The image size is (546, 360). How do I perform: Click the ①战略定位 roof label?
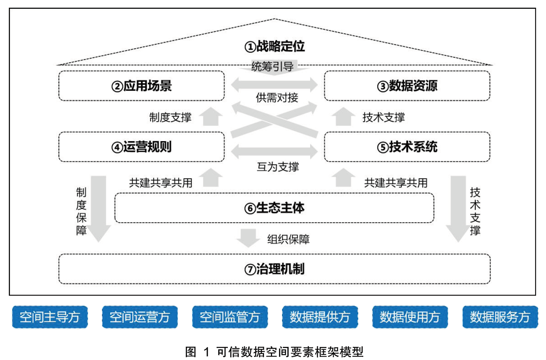click(x=274, y=47)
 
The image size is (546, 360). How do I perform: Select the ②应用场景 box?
click(x=141, y=86)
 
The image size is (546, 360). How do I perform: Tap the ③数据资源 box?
click(x=407, y=86)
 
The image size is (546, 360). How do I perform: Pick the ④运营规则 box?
click(x=141, y=147)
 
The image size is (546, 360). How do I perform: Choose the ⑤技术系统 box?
click(x=407, y=147)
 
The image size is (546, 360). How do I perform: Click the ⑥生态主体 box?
click(x=274, y=208)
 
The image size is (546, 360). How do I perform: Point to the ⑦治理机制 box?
click(x=274, y=269)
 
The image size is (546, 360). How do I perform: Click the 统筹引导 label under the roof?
click(x=272, y=67)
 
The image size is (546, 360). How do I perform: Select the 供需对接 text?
click(x=277, y=98)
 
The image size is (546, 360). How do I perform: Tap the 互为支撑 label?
click(x=278, y=167)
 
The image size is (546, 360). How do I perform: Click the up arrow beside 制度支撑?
click(x=211, y=117)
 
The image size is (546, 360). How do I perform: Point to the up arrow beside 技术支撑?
click(x=343, y=117)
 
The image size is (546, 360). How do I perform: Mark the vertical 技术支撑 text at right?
click(x=475, y=211)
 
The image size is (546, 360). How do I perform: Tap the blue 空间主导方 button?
click(x=50, y=317)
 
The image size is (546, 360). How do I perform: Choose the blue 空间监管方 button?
click(x=230, y=317)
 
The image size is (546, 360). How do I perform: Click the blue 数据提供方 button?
click(x=320, y=317)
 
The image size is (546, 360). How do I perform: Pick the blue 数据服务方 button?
click(x=500, y=317)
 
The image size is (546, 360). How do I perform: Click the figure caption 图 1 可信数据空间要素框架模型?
click(x=274, y=352)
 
